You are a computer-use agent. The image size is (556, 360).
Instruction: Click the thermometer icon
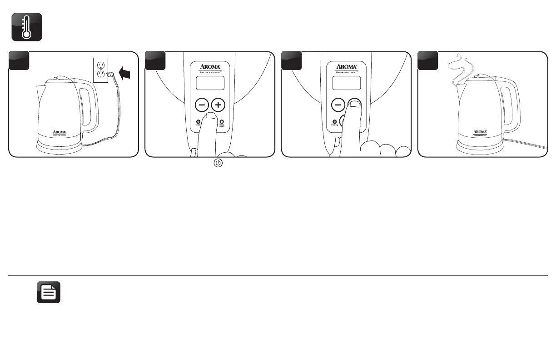(27, 27)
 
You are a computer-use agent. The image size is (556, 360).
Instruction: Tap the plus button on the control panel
(219, 105)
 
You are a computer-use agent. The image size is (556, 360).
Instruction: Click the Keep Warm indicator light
(222, 121)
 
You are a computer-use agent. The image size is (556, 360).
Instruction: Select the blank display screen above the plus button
(210, 83)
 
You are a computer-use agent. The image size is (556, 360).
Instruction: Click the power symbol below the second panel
(218, 163)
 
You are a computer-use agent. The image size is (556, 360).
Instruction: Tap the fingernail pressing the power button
(209, 117)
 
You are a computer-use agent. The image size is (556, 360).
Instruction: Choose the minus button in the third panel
(338, 105)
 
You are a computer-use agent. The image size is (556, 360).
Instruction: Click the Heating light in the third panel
(334, 121)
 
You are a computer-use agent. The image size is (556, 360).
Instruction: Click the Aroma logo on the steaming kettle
(480, 132)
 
